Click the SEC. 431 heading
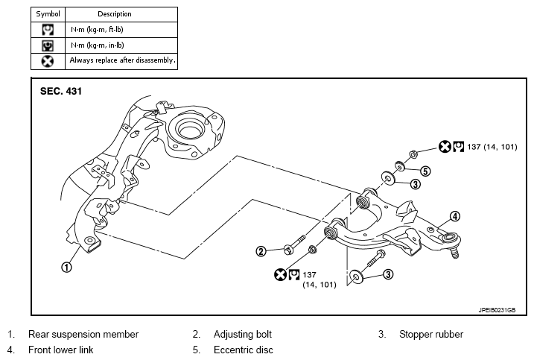[x=61, y=91]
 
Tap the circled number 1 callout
[x=67, y=267]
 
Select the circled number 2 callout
[x=261, y=252]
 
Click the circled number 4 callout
[x=455, y=216]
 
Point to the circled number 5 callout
[x=425, y=171]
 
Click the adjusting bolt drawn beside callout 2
[x=294, y=245]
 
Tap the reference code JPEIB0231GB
[x=497, y=310]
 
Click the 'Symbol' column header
[x=48, y=14]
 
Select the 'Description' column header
[x=115, y=14]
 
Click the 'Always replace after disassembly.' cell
[x=123, y=60]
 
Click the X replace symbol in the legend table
[x=48, y=61]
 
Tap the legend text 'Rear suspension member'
[x=83, y=334]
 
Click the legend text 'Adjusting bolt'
[x=243, y=334]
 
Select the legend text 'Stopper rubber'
[x=431, y=334]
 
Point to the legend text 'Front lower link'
[x=60, y=350]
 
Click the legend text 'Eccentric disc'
[x=243, y=350]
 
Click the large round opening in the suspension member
[x=190, y=130]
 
